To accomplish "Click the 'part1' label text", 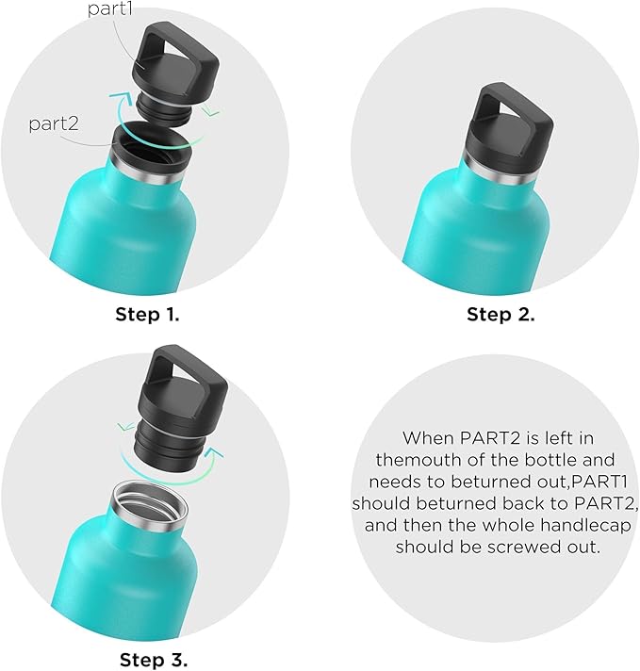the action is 110,8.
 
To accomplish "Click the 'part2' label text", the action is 54,124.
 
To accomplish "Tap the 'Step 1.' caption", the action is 147,315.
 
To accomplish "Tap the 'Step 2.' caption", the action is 501,315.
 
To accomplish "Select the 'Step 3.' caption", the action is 154,660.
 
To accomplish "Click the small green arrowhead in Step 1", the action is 211,112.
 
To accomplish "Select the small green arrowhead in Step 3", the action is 126,427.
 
